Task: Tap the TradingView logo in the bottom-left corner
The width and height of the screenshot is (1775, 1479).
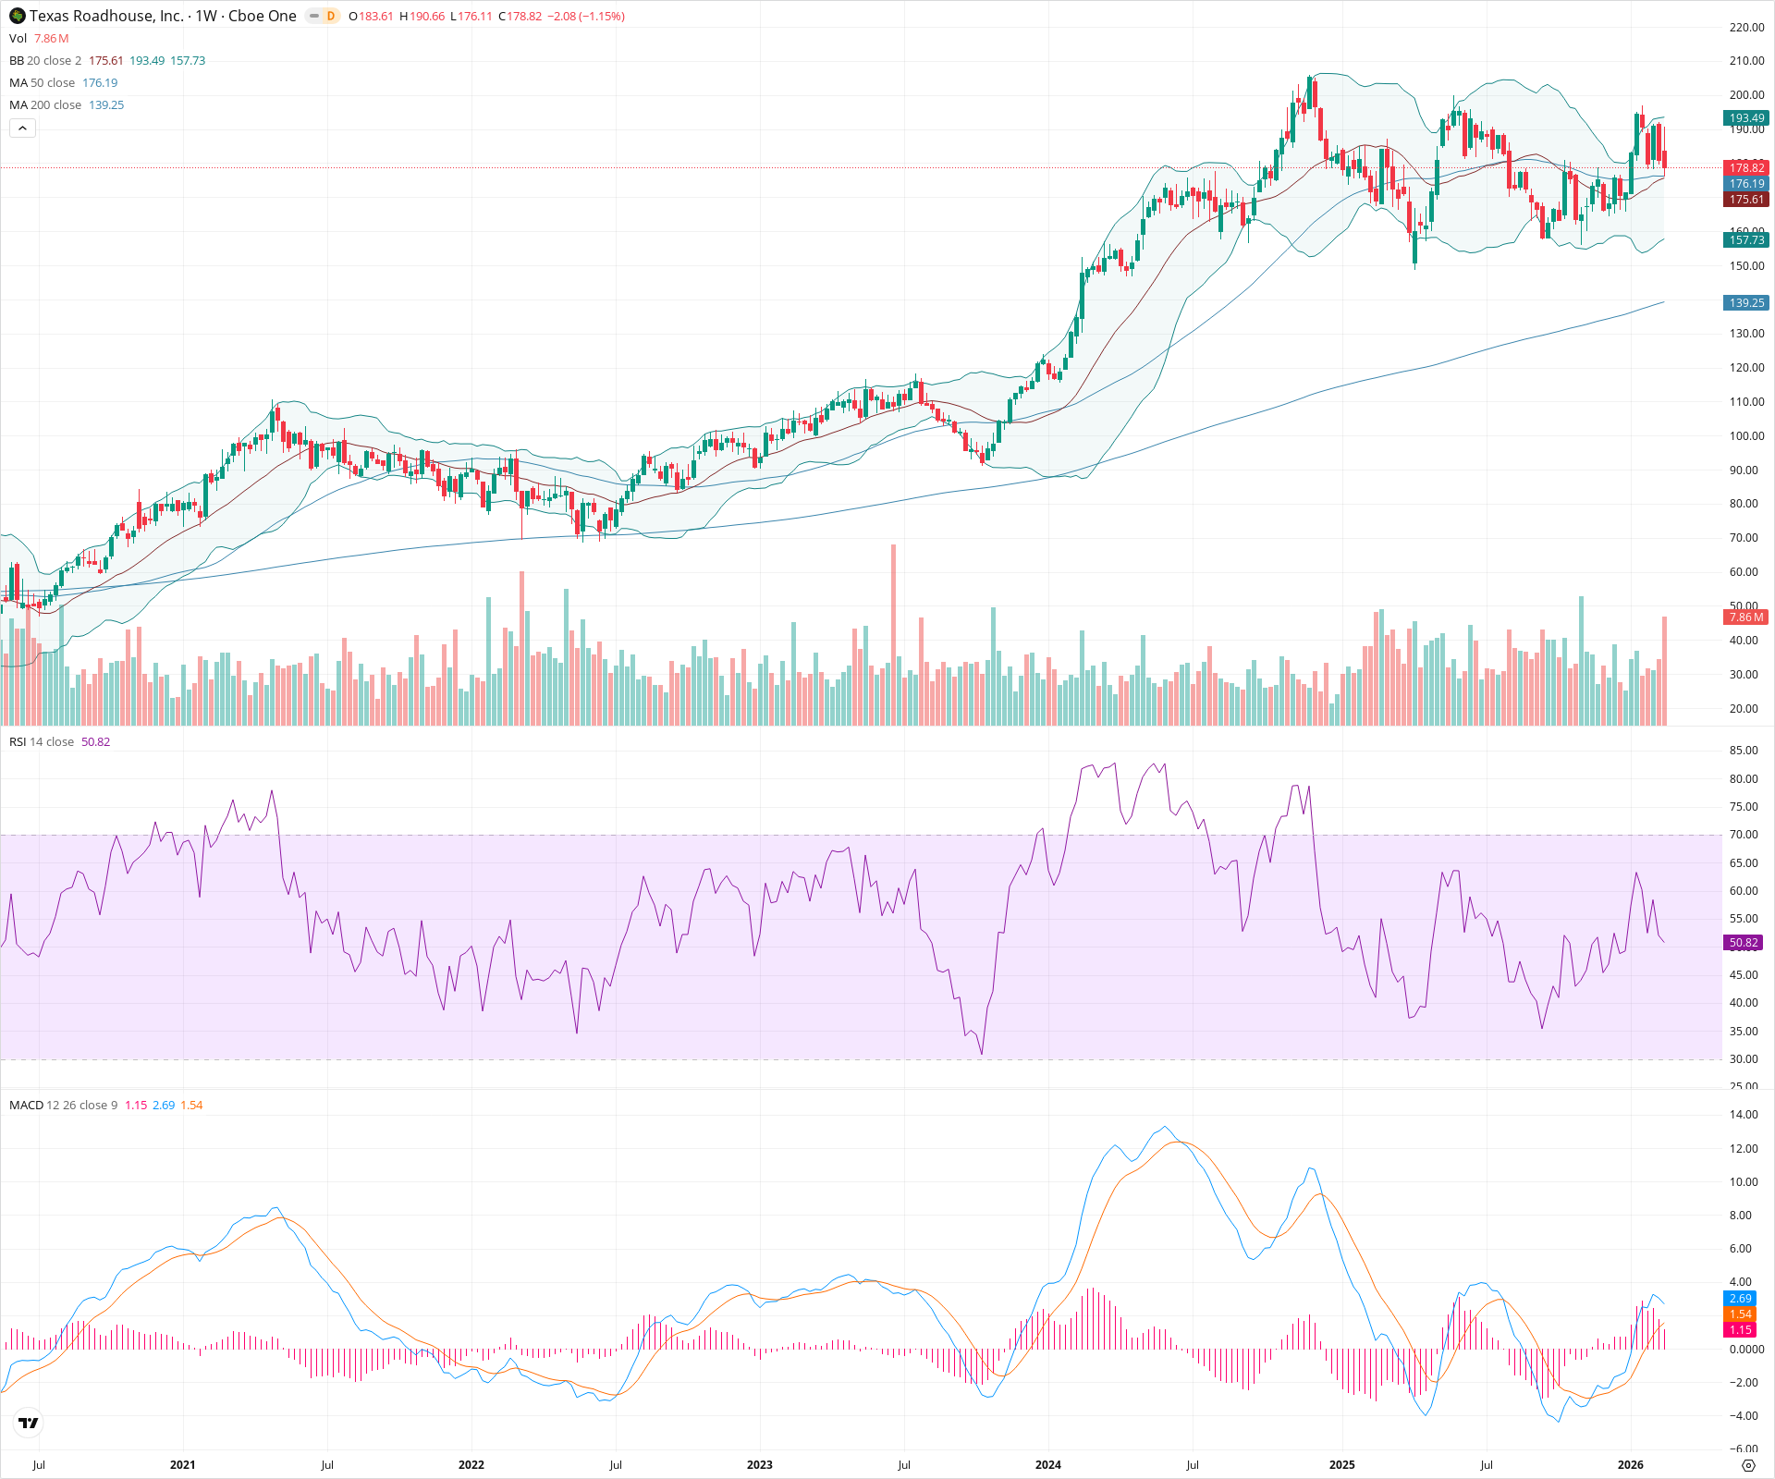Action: (x=29, y=1423)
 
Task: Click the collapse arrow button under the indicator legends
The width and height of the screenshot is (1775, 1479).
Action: (x=22, y=128)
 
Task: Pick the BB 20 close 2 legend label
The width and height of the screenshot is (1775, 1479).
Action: (x=45, y=61)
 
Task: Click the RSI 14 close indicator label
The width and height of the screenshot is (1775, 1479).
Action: (x=42, y=742)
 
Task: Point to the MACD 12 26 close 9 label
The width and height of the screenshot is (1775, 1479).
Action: (x=63, y=1106)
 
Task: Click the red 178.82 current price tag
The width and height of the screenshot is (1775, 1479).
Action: (x=1746, y=168)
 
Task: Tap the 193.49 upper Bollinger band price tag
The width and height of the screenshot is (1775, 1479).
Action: (x=1746, y=118)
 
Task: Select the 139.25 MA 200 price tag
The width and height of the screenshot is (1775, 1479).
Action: (x=1746, y=303)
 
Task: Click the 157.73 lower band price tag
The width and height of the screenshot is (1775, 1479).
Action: (x=1746, y=240)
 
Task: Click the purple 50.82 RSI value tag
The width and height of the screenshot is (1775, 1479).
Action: (x=1744, y=943)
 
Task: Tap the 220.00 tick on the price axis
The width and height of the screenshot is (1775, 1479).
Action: (x=1746, y=28)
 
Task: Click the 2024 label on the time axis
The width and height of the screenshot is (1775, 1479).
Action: (x=1047, y=1465)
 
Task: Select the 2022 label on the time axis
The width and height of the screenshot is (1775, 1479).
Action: (x=471, y=1465)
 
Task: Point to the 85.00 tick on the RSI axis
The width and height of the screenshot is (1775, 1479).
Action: (x=1744, y=751)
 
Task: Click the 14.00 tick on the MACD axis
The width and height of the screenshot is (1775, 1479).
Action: (x=1744, y=1115)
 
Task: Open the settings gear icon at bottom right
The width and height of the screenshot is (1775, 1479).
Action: (x=1747, y=1465)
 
